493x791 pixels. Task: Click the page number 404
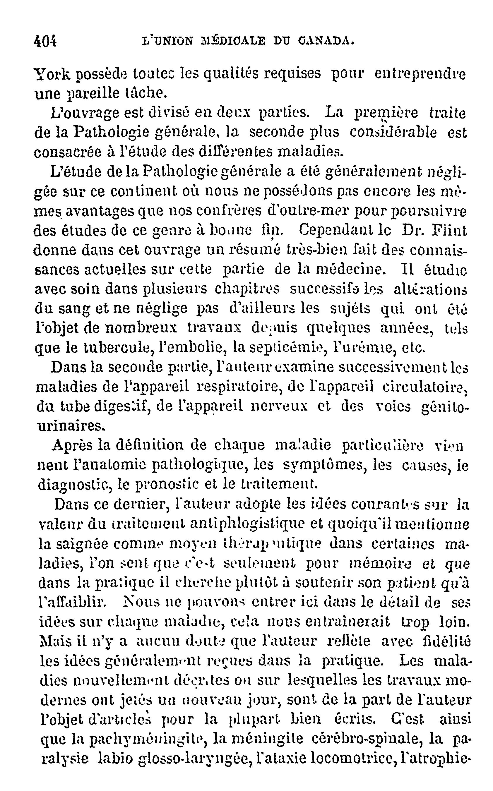(x=45, y=41)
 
